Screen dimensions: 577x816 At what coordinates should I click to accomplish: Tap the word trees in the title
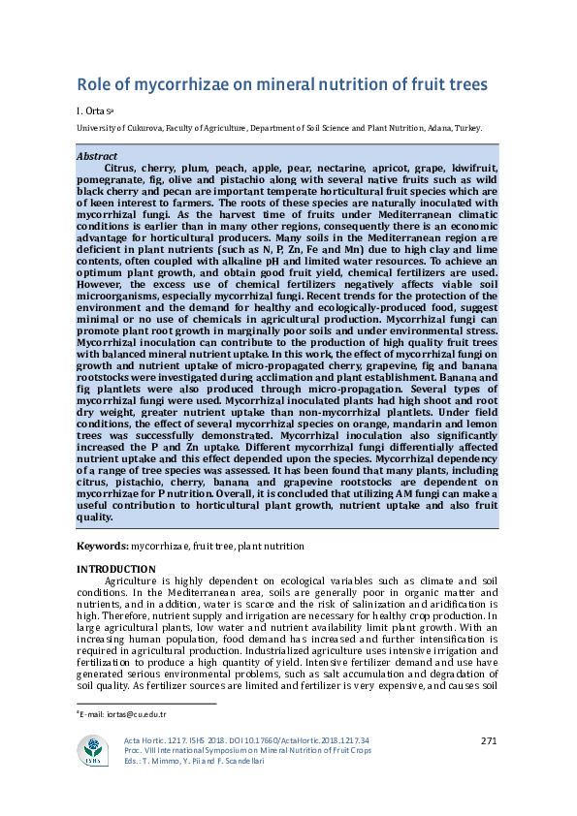tap(461, 84)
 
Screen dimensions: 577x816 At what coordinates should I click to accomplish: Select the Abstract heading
tap(96, 156)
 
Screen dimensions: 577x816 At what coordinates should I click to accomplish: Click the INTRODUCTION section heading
tap(115, 569)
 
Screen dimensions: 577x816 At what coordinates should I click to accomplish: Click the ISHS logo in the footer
tap(94, 750)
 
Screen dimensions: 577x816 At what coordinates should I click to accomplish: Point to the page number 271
tap(489, 740)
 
